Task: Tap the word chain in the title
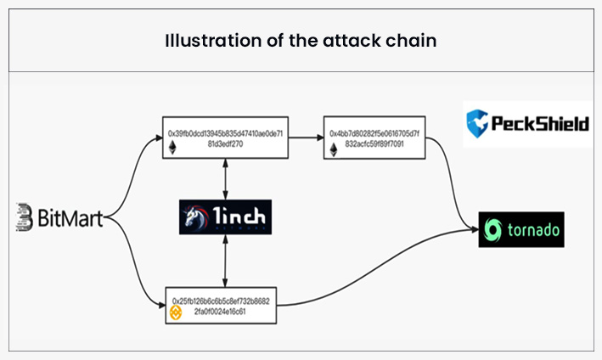(x=414, y=41)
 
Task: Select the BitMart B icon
(x=25, y=218)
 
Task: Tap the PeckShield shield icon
(x=478, y=124)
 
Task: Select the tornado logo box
(x=521, y=229)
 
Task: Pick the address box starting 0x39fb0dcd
(x=225, y=139)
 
